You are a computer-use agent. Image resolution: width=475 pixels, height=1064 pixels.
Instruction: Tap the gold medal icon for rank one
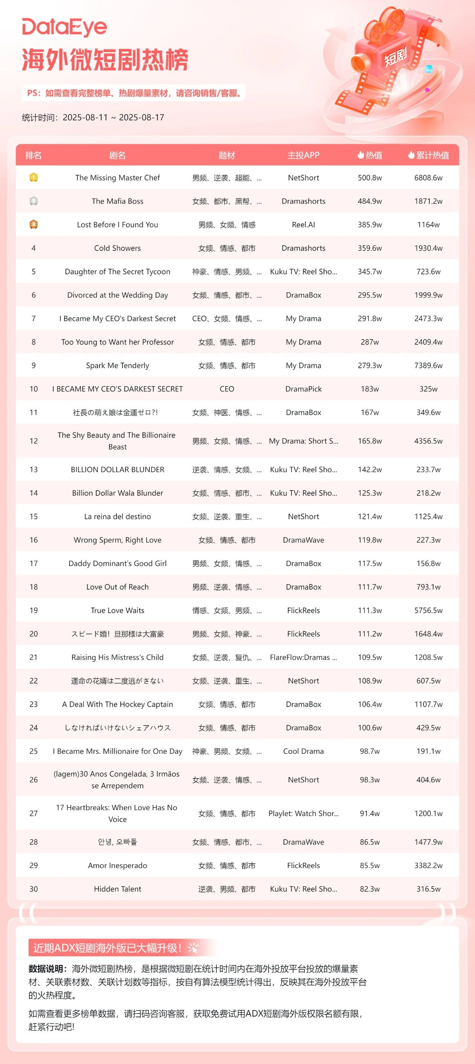pos(33,178)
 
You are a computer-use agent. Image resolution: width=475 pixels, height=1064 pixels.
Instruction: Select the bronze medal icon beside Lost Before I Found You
pos(33,224)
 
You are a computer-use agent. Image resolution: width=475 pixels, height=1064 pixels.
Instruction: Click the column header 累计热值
pos(428,155)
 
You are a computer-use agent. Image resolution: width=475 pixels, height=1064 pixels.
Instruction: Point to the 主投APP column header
pos(303,155)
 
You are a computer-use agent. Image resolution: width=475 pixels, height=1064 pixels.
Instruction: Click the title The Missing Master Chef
pos(117,178)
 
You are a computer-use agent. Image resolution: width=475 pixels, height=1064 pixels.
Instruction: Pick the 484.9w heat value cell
pos(370,201)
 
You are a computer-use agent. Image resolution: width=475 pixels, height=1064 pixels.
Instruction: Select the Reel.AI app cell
pos(303,225)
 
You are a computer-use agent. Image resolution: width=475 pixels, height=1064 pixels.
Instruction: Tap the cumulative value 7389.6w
pos(428,366)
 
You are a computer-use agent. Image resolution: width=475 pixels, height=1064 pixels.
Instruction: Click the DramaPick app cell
pos(303,389)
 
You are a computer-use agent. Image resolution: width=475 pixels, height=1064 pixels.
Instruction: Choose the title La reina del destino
pos(117,516)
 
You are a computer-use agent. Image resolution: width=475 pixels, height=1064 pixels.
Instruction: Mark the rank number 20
pos(33,634)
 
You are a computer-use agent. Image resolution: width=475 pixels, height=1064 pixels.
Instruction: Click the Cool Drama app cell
pos(303,751)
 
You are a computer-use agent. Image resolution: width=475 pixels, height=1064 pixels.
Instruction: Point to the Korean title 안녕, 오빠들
pos(117,842)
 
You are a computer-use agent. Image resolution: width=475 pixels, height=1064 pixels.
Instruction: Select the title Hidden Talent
pos(117,889)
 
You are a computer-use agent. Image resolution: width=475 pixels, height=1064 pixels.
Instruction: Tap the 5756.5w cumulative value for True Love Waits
pos(428,610)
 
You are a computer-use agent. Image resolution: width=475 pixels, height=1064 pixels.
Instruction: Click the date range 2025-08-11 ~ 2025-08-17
pos(113,117)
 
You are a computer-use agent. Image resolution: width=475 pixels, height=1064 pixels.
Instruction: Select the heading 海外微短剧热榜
pos(105,60)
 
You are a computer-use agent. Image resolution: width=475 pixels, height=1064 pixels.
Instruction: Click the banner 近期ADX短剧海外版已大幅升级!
pos(107,947)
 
